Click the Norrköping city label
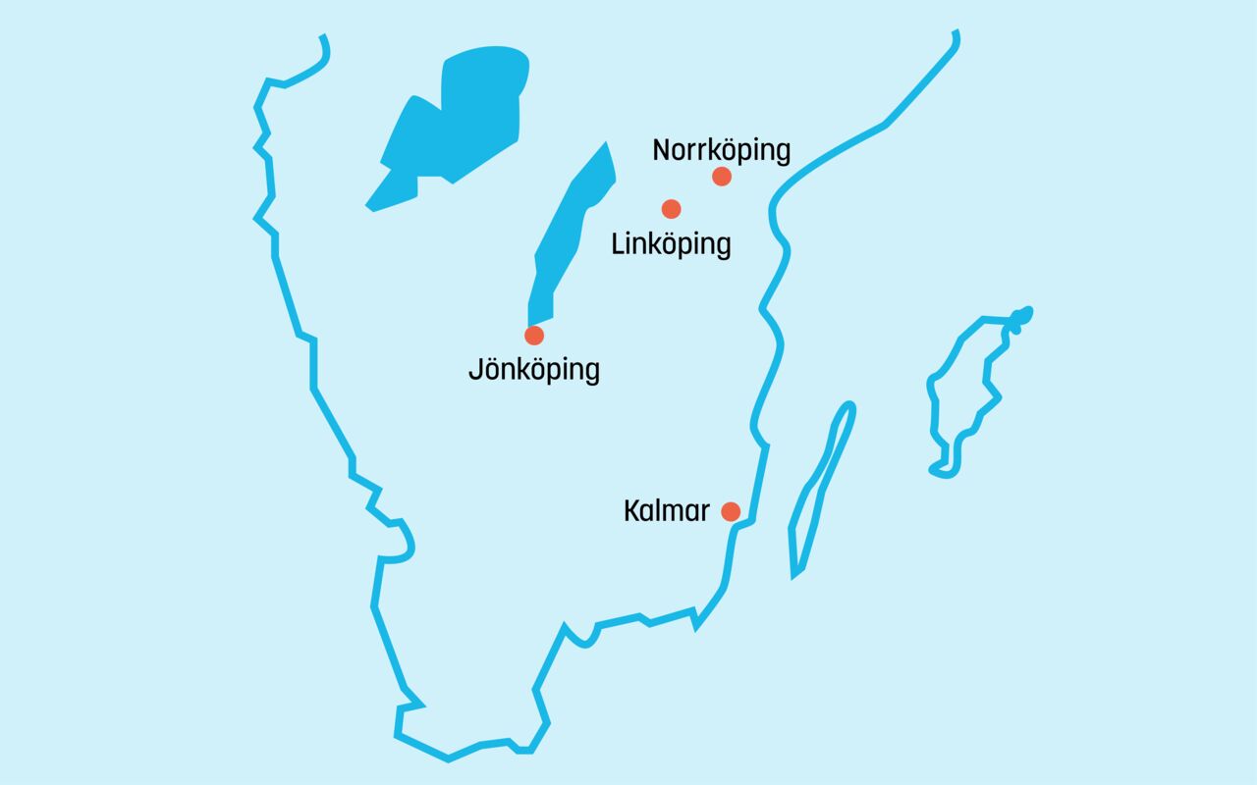721,151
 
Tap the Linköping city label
671,243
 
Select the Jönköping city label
533,371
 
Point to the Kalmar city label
667,511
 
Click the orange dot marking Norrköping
722,177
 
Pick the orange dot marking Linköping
672,208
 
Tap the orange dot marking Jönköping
534,336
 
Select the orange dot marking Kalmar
731,511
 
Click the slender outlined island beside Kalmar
820,491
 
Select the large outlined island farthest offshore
967,392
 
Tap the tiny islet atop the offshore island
1022,316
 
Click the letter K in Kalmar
631,511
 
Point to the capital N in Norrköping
662,151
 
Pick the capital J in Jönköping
475,371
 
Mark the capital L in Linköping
618,243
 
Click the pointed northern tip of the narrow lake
606,144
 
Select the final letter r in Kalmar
704,512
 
